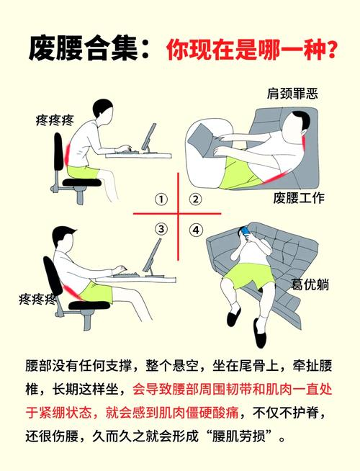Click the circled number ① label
161,199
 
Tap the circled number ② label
195,199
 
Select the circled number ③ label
161,229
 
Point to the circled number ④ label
196,230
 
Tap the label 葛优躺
310,284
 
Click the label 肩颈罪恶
292,94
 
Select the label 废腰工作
299,198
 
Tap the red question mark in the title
331,50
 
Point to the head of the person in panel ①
102,109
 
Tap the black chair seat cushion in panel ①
81,182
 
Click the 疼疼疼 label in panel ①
55,121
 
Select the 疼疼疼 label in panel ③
37,299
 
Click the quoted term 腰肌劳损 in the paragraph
239,436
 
